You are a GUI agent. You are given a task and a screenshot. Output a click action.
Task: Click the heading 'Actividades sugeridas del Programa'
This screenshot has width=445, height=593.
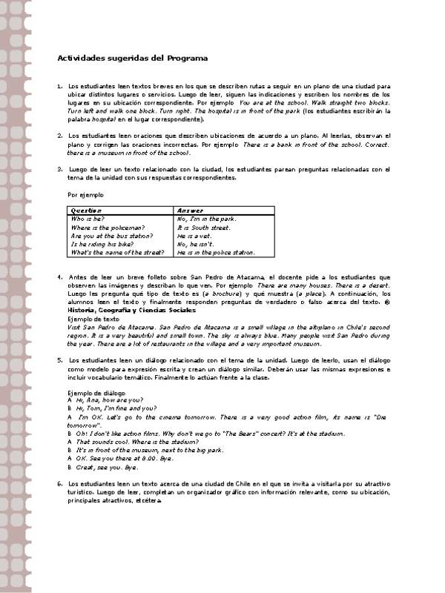133,58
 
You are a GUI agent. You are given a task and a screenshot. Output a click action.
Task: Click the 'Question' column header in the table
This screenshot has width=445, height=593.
86,211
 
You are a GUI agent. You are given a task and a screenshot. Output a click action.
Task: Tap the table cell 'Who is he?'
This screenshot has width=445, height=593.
88,219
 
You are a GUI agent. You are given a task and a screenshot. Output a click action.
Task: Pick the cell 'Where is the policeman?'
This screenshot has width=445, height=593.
108,228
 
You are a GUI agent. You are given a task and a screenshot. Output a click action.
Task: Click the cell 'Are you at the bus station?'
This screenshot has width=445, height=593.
111,236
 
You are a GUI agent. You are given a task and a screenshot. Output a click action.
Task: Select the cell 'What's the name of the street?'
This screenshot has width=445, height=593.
117,252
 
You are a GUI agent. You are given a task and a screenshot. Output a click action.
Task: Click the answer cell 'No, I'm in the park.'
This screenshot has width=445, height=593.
206,219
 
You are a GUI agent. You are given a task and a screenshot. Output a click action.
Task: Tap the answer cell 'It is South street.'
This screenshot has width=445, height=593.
202,228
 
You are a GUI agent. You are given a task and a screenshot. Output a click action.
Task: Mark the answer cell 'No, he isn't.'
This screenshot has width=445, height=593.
195,244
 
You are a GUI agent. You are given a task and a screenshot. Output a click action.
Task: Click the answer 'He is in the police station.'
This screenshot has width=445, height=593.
216,252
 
